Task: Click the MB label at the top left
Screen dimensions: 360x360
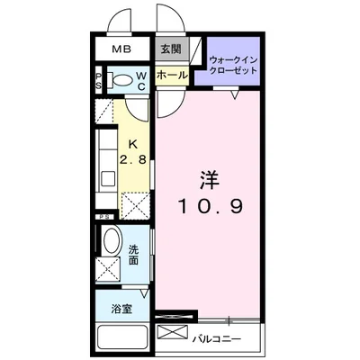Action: [120, 50]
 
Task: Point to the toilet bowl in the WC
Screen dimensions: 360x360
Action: [121, 79]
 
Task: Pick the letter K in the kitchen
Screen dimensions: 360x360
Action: [132, 145]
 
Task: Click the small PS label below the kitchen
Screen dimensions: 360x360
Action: [106, 217]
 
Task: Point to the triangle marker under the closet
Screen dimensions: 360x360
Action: [232, 94]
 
